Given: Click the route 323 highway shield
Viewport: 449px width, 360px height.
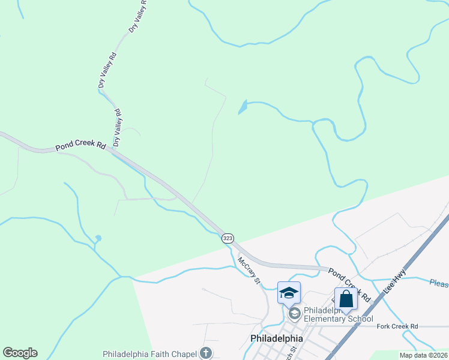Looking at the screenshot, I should coord(228,238).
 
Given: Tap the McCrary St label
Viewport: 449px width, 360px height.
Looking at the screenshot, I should coord(249,271).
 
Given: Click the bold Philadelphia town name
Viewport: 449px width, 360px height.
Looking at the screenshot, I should coord(276,339).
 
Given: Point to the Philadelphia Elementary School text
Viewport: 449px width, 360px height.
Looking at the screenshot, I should coord(339,314).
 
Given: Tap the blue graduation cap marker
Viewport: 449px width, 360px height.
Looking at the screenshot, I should coord(289,293).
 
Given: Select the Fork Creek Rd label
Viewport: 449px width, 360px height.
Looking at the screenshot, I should coord(397,326).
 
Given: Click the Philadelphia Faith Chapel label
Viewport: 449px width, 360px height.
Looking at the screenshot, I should coord(150,353).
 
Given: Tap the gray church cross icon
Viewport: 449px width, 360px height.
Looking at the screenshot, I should coord(206,353).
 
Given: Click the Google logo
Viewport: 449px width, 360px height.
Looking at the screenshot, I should coord(20,353).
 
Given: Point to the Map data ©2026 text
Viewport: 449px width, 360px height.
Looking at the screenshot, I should coord(424,355).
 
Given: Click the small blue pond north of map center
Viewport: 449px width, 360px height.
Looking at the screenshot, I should coord(243,107).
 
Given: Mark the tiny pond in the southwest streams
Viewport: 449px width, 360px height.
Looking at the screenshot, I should coord(98,239).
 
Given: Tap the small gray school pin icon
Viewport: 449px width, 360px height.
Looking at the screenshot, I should coord(294,313).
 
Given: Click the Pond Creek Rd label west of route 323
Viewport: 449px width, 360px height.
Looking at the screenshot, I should coord(80,146).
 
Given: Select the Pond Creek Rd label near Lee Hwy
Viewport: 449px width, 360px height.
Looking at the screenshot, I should coord(348,286).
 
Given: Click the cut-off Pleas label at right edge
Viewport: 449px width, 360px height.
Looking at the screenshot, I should coord(439,282).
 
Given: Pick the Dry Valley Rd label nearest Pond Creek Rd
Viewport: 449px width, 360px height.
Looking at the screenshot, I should coord(118,127).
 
